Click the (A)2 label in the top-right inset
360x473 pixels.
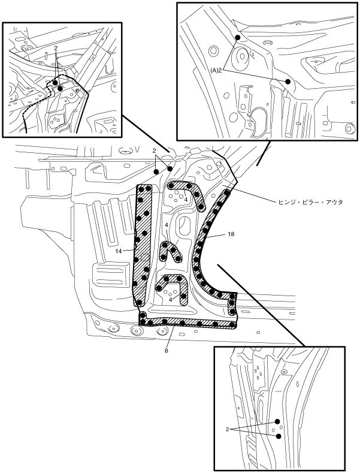coord(217,70)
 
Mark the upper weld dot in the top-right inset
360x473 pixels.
coord(238,38)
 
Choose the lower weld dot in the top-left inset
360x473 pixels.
coord(60,88)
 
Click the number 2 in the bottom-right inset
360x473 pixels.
coord(228,429)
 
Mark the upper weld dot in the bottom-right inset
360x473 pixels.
coord(278,421)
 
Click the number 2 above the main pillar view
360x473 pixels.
coord(154,151)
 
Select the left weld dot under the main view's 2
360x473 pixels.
coord(157,171)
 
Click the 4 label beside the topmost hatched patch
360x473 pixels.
coord(186,200)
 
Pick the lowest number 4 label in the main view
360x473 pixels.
coord(170,299)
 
